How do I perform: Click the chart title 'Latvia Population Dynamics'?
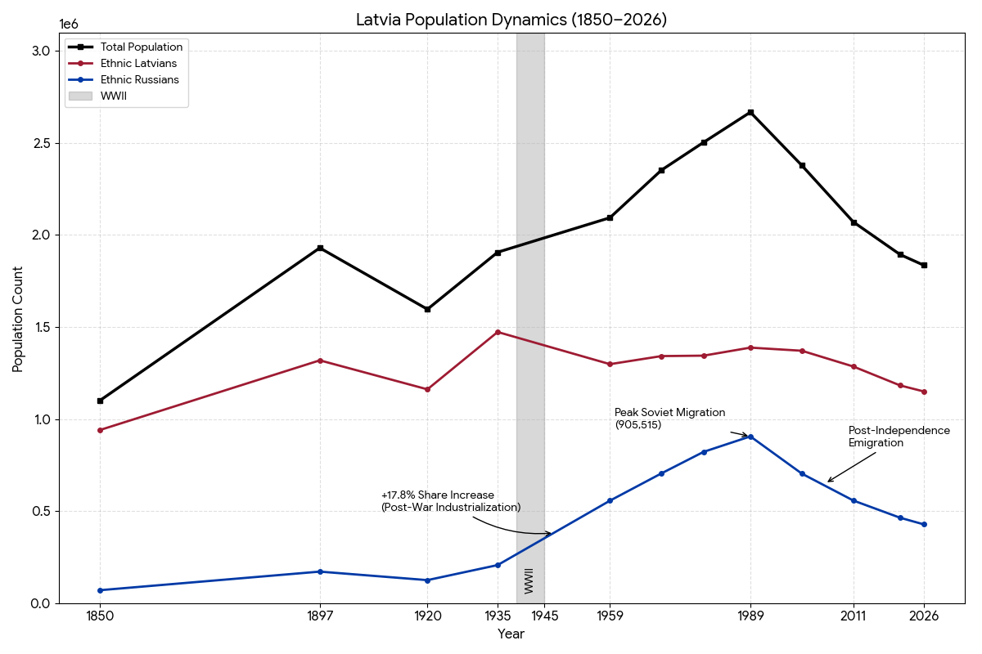(x=511, y=20)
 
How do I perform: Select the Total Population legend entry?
(x=141, y=47)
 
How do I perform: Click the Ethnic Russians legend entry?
(x=139, y=80)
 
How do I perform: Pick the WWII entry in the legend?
(x=113, y=96)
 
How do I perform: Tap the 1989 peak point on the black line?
(x=750, y=112)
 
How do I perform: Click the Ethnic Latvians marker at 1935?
(x=498, y=332)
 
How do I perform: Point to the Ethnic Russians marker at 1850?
(x=100, y=590)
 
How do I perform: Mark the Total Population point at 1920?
(x=427, y=309)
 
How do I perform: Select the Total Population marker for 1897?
(x=320, y=248)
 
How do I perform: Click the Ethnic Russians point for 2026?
(x=924, y=524)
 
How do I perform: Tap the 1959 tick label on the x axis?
(x=610, y=616)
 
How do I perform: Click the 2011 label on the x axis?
(x=854, y=616)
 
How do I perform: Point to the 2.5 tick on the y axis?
(x=41, y=143)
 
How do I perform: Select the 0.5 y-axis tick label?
(x=41, y=512)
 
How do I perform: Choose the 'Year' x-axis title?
(x=511, y=634)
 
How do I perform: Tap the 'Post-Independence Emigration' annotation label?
(x=899, y=437)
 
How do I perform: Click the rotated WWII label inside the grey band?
(x=529, y=580)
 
